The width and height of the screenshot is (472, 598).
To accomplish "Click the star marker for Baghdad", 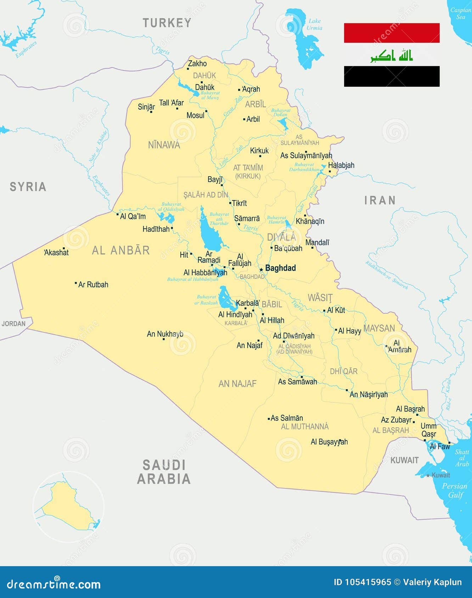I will pos(261,270).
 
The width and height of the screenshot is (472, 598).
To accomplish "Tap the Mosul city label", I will pos(195,115).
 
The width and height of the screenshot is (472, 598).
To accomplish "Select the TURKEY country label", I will pos(167,23).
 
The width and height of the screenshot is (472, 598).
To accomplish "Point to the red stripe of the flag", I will pos(392,33).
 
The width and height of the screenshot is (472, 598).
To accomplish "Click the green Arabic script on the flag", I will pos(392,56).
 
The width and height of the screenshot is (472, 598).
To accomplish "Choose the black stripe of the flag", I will pos(392,76).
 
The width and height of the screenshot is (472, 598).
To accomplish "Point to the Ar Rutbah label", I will pos(93,284).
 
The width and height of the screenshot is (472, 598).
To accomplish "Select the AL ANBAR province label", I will pos(121,251).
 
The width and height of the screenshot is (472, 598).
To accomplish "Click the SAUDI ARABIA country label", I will pos(164,472).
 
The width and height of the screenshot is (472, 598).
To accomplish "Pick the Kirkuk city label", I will pos(259,151).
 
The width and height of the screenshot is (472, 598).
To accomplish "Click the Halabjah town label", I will pos(341,165).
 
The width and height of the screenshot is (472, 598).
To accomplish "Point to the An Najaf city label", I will pos(249,345).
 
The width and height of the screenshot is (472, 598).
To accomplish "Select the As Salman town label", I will pos(287,418).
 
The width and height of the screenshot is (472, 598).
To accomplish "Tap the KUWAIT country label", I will pos(404,460).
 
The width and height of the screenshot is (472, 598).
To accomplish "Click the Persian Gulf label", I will pos(455,490).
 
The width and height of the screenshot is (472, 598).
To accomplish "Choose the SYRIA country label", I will pos(28,187).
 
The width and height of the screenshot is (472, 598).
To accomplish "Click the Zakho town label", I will pos(197,64).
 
